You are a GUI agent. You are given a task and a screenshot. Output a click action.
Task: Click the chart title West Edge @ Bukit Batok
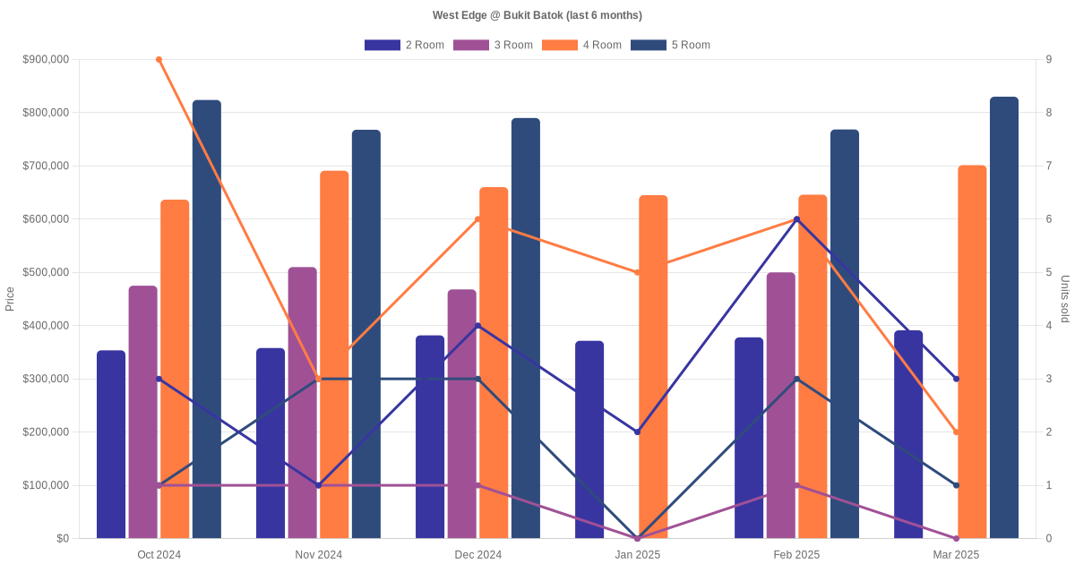[537, 15]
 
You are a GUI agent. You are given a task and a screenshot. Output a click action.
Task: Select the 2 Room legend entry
[404, 45]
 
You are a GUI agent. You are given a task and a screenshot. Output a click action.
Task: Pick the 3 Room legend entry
[493, 45]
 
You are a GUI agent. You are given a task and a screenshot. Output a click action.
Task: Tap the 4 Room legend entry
[581, 45]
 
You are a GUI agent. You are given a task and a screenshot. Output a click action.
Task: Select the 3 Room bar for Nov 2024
[303, 403]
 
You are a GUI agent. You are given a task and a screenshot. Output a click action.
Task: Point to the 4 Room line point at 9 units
[159, 59]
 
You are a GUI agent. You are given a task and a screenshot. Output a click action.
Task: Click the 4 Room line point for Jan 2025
[638, 272]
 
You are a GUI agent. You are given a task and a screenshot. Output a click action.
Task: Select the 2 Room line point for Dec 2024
[478, 326]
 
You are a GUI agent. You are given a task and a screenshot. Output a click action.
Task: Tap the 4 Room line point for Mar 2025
[957, 432]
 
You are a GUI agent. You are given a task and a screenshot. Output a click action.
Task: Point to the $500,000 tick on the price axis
[45, 272]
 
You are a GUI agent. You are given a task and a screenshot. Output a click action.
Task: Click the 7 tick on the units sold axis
[1048, 166]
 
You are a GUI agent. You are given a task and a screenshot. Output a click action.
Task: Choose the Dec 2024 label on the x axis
[478, 555]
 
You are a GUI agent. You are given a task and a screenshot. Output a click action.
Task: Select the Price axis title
[10, 299]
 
